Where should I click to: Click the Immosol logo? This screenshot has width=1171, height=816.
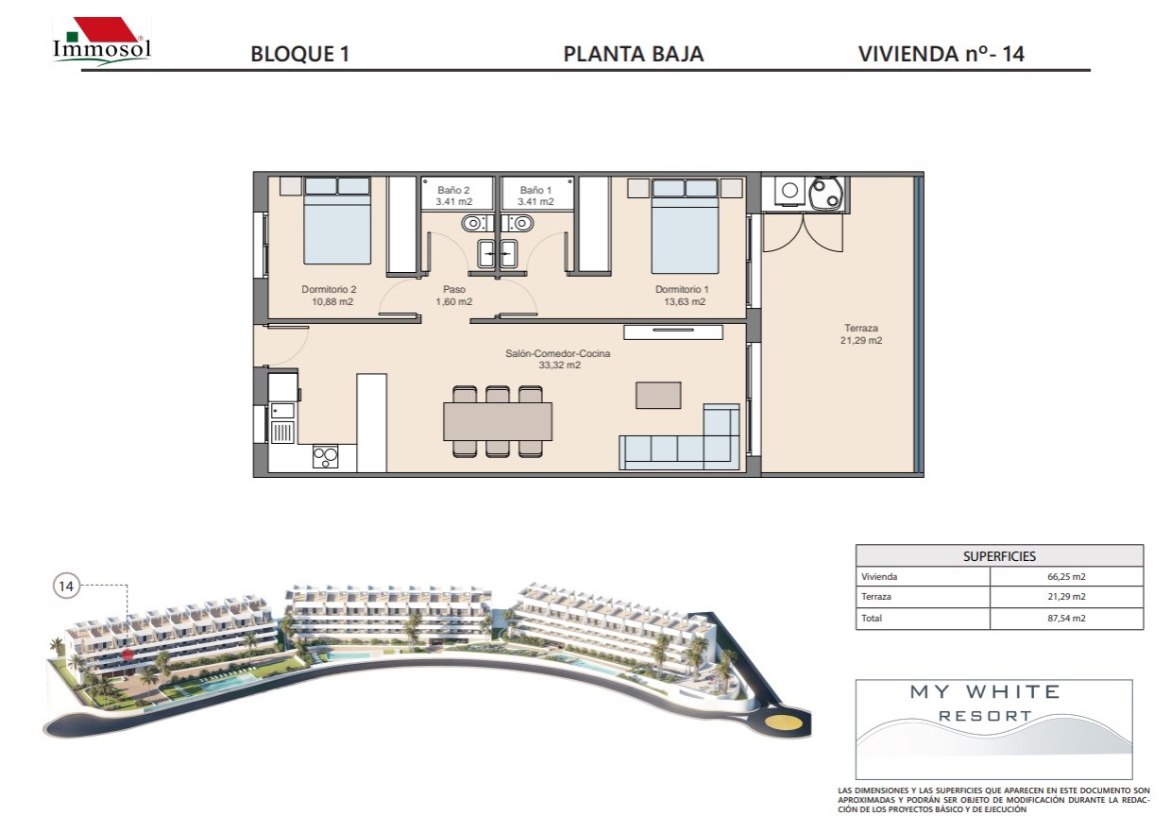tap(102, 42)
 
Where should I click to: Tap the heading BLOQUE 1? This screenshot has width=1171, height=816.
tap(300, 55)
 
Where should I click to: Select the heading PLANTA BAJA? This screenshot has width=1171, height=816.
tap(634, 55)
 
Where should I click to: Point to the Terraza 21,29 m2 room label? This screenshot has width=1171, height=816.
tap(861, 334)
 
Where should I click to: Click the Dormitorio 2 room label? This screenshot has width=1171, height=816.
tap(330, 296)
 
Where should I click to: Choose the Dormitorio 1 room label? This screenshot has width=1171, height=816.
tap(682, 296)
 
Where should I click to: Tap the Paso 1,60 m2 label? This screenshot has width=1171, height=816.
tap(453, 296)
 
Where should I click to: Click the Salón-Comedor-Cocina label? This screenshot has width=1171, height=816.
tap(558, 359)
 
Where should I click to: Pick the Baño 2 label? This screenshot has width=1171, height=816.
tap(453, 195)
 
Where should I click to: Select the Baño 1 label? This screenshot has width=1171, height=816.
tap(535, 195)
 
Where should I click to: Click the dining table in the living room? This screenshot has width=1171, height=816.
tap(498, 421)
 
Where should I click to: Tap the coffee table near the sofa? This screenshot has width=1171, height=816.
tap(658, 395)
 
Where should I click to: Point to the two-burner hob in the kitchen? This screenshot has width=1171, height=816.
tap(325, 457)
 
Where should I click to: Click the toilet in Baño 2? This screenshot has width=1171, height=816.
tap(475, 224)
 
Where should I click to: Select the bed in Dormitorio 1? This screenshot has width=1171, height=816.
tap(685, 226)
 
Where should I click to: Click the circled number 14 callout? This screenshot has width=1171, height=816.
tap(66, 586)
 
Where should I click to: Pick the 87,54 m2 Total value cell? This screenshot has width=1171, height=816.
tap(1066, 618)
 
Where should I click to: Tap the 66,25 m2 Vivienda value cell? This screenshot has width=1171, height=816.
tap(1066, 577)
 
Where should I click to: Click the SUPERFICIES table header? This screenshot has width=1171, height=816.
tap(999, 556)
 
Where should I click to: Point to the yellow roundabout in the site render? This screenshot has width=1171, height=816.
tap(783, 722)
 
